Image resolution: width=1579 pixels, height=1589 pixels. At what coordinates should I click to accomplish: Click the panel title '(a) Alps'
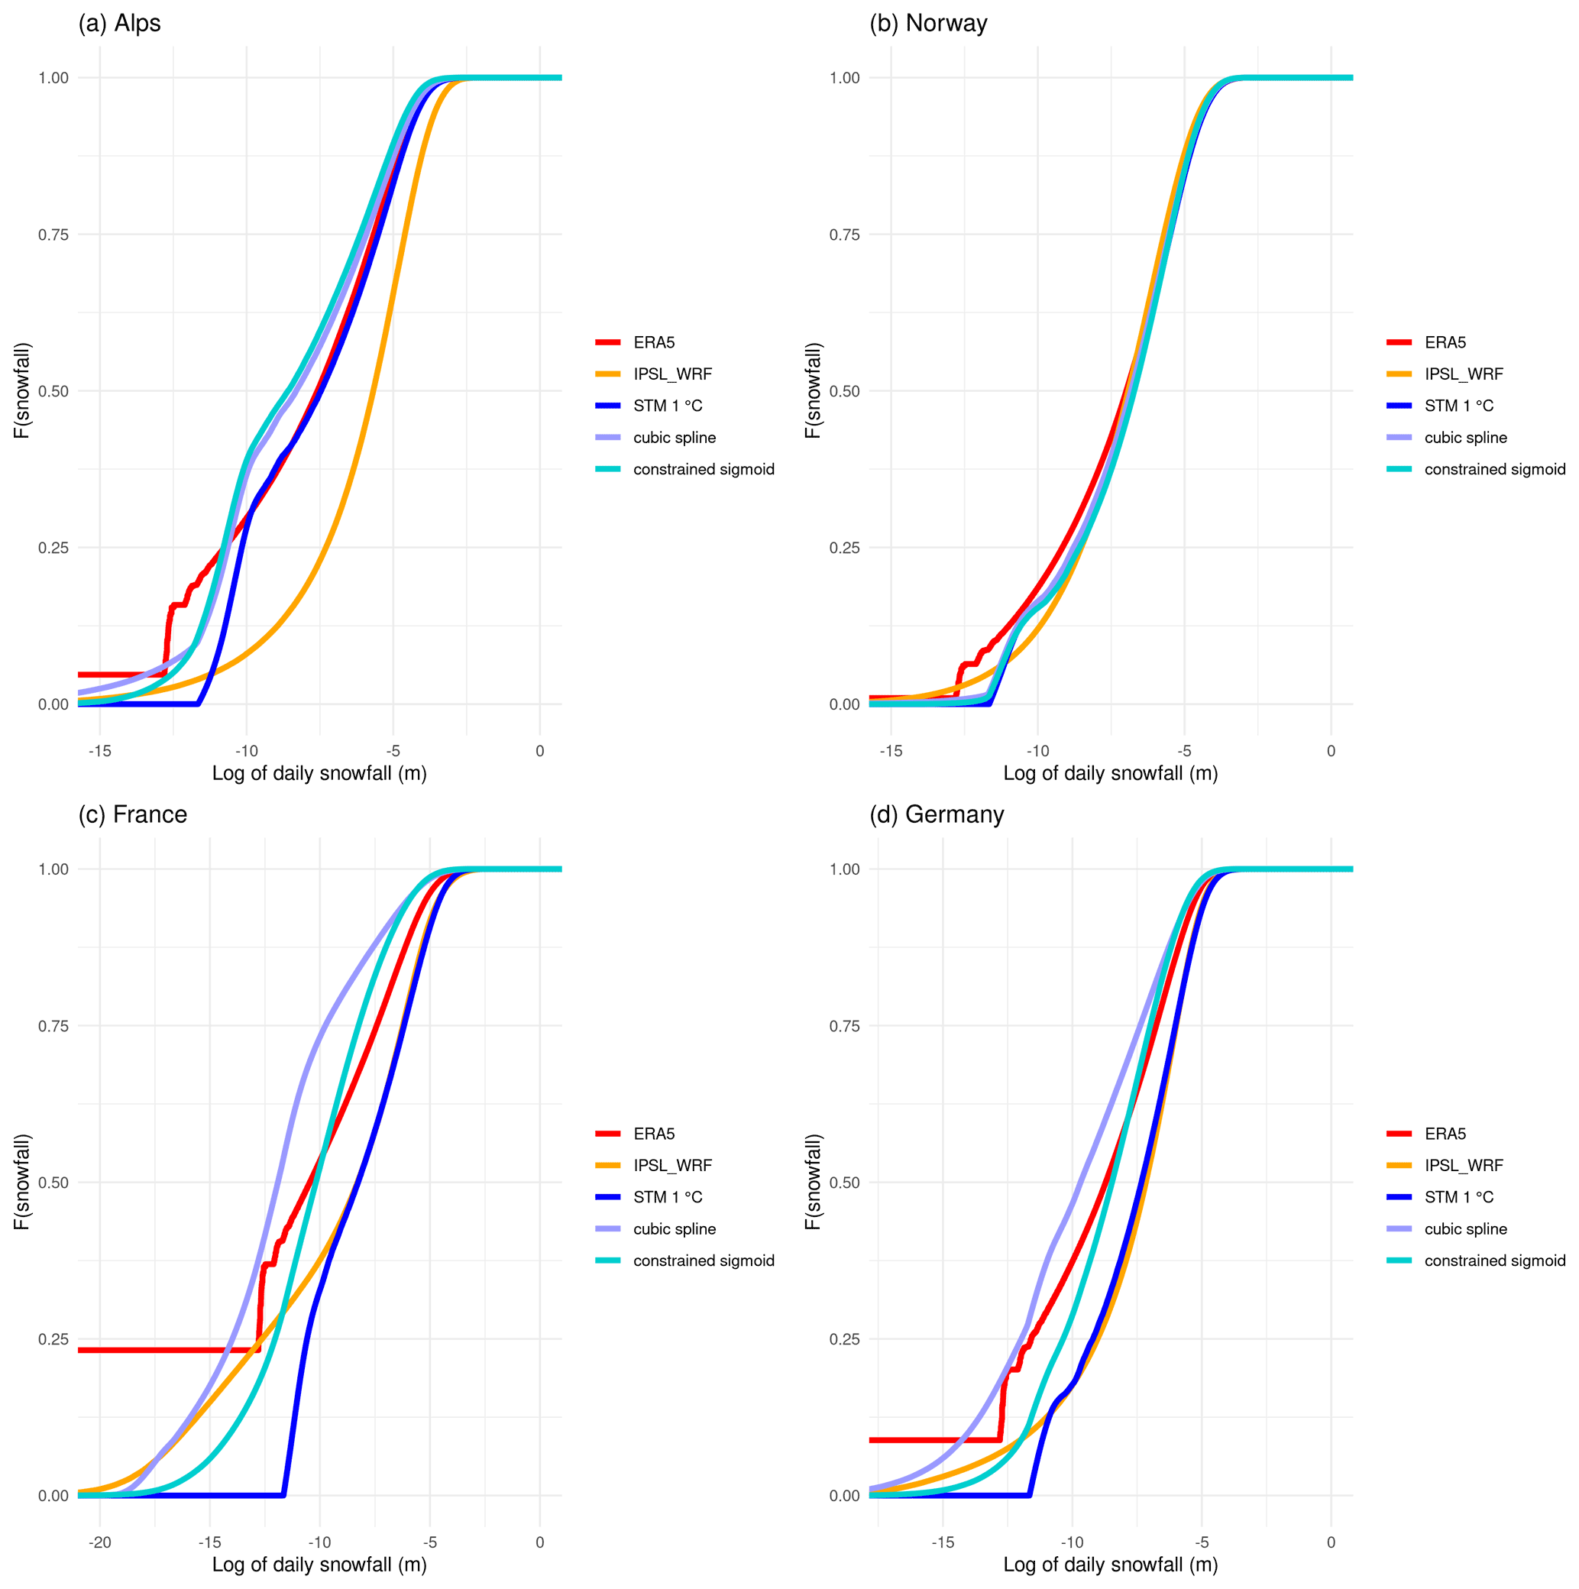(119, 23)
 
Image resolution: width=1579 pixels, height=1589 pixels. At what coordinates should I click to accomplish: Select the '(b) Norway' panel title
(927, 23)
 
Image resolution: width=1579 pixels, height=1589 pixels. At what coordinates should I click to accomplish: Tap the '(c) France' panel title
(132, 814)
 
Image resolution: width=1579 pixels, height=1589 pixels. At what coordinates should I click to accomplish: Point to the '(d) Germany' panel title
(937, 814)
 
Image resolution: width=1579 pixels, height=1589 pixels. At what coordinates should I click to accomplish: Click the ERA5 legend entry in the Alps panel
(653, 342)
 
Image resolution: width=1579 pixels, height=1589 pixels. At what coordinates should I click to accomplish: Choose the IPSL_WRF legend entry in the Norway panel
(1463, 374)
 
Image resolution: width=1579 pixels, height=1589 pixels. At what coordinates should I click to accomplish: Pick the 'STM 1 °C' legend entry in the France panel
(667, 1196)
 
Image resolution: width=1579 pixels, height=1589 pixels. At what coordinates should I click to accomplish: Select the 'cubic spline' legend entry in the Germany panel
(1464, 1228)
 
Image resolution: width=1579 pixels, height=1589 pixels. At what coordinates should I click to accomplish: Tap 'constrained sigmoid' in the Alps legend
(703, 470)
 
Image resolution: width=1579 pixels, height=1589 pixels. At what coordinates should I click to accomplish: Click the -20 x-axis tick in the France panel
(99, 1542)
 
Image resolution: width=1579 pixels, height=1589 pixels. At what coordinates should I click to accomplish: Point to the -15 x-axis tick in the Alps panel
(99, 751)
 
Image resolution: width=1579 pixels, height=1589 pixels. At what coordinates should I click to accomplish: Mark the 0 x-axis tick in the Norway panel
(1331, 751)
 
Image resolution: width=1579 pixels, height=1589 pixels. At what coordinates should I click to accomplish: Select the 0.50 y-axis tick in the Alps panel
(53, 390)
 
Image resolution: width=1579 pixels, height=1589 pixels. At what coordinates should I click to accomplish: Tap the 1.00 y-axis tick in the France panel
(53, 869)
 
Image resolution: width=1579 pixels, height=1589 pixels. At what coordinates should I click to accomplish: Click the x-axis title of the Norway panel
(1110, 773)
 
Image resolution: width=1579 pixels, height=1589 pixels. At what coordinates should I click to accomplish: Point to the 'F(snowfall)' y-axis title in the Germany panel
(813, 1182)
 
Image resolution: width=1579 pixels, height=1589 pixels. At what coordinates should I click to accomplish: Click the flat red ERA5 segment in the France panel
(164, 1350)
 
